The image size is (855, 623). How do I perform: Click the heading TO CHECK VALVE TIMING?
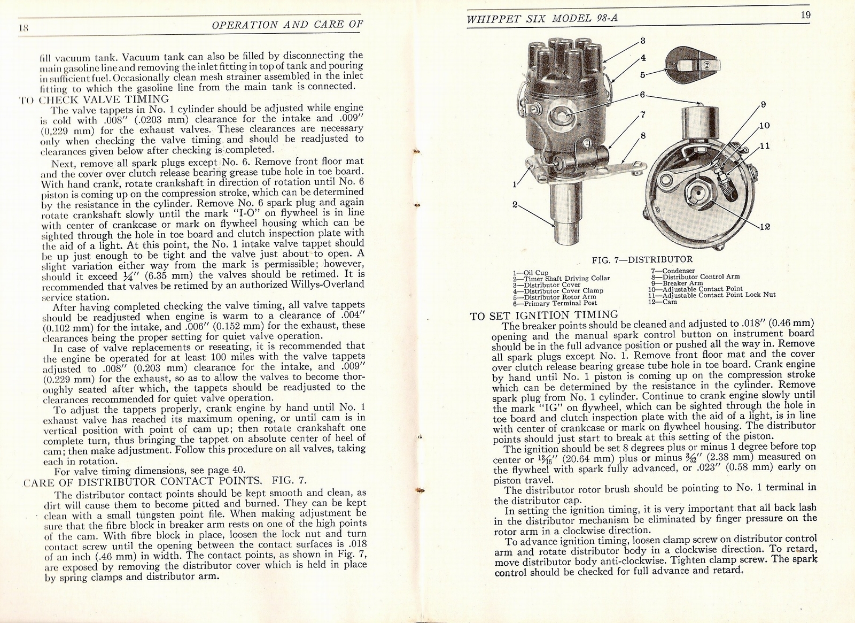click(x=95, y=98)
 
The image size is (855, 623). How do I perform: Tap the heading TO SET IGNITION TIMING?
click(x=543, y=315)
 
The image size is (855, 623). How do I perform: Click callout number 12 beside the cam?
click(x=765, y=227)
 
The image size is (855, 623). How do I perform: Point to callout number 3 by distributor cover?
click(x=643, y=40)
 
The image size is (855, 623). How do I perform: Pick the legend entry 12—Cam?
click(x=662, y=301)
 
